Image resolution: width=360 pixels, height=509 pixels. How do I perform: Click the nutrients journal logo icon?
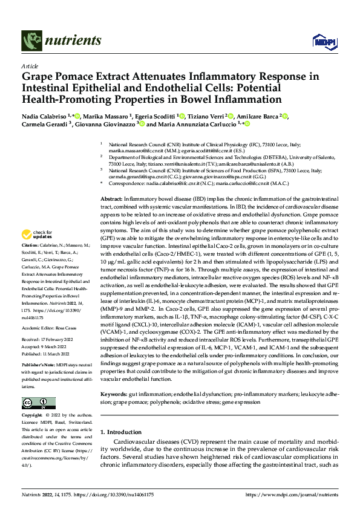31,40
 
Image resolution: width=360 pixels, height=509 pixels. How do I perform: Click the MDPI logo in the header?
321,41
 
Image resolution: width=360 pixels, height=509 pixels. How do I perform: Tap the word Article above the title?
30,66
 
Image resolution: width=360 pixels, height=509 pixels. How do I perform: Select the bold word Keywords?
114,394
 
